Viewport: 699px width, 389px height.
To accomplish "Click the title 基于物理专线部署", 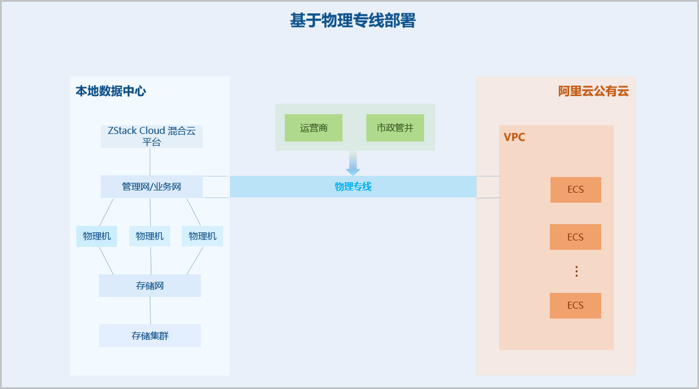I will click(x=352, y=21).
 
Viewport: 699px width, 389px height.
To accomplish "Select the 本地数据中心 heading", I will click(x=111, y=91).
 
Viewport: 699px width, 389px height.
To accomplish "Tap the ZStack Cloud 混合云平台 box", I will click(x=151, y=136).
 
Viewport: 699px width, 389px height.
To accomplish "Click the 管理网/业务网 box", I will click(x=151, y=187).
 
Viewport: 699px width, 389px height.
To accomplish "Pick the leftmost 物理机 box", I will click(x=97, y=236).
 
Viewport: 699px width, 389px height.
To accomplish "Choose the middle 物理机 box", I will click(x=150, y=236).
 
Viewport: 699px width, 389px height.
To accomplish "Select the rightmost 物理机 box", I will click(x=202, y=236).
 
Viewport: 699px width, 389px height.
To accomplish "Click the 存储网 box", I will click(x=150, y=286).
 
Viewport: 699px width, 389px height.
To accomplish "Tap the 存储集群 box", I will click(x=150, y=336).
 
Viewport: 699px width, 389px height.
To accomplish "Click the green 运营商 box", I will click(x=313, y=128).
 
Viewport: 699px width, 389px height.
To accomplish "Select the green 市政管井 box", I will click(x=395, y=128).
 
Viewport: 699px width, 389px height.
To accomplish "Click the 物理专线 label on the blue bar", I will click(x=353, y=187).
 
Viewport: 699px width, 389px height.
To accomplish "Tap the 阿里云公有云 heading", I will click(x=594, y=91).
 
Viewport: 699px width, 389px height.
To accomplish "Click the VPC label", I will click(x=514, y=137).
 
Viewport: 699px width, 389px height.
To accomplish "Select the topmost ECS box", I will click(x=576, y=190).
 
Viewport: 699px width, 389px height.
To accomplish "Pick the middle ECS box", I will click(x=576, y=237).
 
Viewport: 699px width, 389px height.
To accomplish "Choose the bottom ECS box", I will click(x=576, y=306).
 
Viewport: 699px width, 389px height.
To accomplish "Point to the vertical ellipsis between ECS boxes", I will click(x=576, y=271).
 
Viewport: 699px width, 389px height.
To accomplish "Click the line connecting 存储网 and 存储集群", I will click(x=150, y=311).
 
